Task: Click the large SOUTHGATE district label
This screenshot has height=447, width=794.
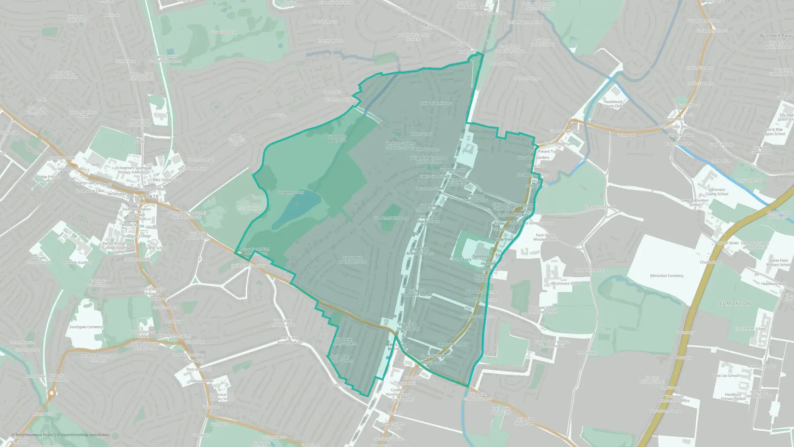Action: pos(143,197)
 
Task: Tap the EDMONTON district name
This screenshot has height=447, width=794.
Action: pos(735,303)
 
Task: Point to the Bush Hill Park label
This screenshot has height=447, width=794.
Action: pos(776,36)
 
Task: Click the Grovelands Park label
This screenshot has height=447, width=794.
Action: pos(291,192)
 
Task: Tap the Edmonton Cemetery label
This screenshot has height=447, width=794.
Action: pos(667,276)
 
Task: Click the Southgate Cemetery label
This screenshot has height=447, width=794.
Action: pos(86,327)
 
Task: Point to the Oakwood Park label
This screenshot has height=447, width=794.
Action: pos(223,32)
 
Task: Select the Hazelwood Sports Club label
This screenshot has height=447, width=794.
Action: pos(613,104)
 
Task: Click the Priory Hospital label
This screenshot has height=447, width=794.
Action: pos(249,208)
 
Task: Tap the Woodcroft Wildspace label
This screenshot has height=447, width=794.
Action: pos(391,218)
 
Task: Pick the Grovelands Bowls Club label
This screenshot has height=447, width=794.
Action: pos(337,138)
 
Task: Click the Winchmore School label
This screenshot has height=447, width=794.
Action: pos(565,284)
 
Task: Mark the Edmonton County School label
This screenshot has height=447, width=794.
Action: pos(717,192)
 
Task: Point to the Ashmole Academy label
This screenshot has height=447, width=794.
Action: pos(77,262)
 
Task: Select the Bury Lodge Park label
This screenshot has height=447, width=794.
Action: pos(749,180)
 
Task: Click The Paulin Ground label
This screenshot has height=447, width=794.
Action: pos(600,207)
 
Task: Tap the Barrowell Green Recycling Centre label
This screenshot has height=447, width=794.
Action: pos(542,310)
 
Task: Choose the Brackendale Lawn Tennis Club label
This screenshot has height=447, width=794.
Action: pos(353,260)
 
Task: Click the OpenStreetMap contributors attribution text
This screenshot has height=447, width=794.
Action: pos(85,435)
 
